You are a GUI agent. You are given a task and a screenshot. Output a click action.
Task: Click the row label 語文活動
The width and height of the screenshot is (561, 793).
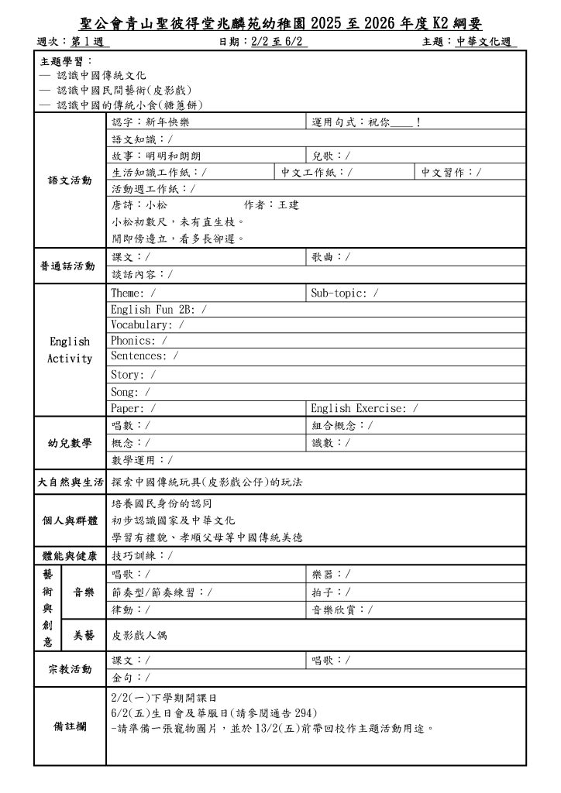click(x=70, y=180)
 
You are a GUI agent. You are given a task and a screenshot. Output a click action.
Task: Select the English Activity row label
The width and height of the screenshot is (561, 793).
click(x=70, y=350)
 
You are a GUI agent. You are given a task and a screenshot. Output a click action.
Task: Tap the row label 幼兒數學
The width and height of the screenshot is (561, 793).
click(x=70, y=443)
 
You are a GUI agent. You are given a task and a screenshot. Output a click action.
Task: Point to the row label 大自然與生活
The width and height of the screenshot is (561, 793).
click(x=70, y=482)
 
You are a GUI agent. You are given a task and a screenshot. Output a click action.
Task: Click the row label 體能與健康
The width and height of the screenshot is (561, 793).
click(x=70, y=556)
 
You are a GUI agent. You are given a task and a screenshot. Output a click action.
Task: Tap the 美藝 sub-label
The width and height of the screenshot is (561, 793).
click(x=84, y=636)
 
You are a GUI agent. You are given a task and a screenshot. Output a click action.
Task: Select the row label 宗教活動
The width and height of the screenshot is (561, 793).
click(x=70, y=669)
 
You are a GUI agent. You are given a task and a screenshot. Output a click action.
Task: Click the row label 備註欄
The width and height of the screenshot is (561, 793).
click(x=70, y=728)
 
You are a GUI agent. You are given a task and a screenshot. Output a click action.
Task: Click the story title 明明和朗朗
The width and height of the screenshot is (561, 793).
click(x=172, y=156)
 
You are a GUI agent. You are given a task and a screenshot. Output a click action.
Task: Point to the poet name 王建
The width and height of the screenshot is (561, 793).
click(x=288, y=205)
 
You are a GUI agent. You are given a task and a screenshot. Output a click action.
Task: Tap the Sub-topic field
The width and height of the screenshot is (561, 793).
click(x=345, y=293)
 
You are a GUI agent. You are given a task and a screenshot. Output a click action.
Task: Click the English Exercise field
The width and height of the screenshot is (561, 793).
click(x=364, y=408)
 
